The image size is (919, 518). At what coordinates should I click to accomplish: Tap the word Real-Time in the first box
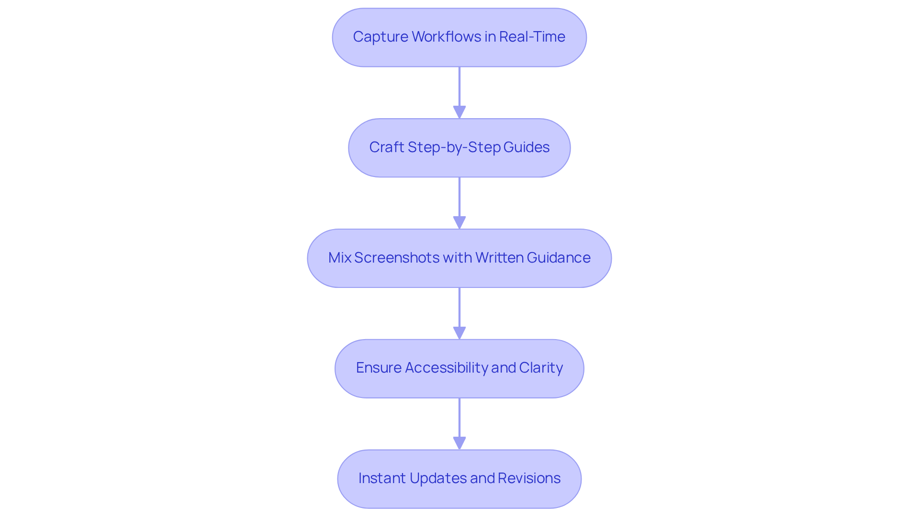[532, 37]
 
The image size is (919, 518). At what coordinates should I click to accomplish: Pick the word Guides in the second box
[526, 147]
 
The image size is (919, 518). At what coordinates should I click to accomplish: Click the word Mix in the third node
[340, 258]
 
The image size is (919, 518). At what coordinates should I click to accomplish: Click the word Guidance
[559, 258]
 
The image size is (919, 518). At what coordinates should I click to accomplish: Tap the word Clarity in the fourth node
[541, 368]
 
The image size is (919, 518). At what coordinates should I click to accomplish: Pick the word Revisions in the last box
[529, 478]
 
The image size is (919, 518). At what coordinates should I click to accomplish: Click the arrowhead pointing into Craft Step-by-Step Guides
[459, 112]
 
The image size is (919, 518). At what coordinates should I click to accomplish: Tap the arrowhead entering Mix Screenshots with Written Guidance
[459, 223]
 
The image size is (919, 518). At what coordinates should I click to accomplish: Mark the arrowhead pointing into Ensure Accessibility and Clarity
[459, 333]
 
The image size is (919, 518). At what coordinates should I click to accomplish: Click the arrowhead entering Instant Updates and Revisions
[459, 443]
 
